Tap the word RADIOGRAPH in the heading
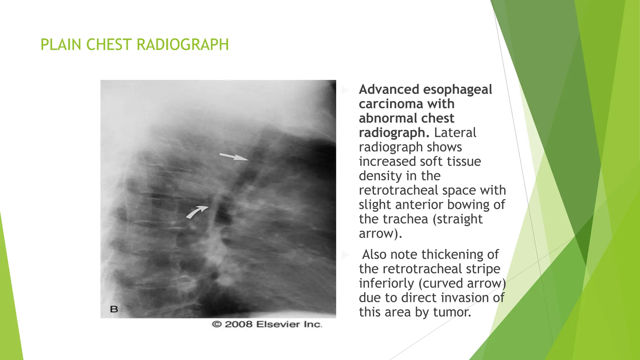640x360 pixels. (x=183, y=45)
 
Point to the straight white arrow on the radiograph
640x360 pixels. (x=234, y=157)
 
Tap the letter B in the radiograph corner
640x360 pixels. (x=114, y=309)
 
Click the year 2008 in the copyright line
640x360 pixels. (x=238, y=324)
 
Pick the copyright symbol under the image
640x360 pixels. (x=216, y=324)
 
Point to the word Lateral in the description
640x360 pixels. (x=455, y=133)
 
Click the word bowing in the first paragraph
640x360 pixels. (x=469, y=205)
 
